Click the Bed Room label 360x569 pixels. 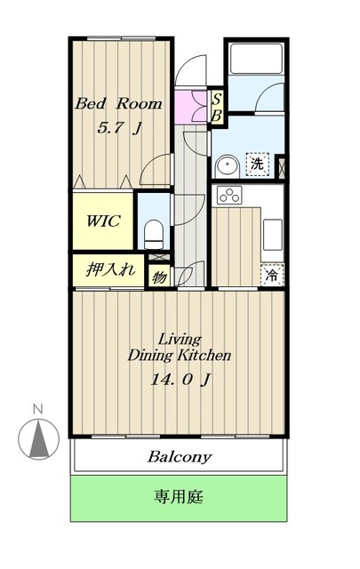click(x=119, y=104)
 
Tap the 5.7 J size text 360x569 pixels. click(x=119, y=127)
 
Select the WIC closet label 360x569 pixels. click(x=103, y=220)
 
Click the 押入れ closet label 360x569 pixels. click(x=110, y=269)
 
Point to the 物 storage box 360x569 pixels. click(x=159, y=276)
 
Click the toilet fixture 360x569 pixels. click(x=153, y=235)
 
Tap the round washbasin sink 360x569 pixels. click(x=228, y=166)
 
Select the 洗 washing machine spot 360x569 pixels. click(x=257, y=164)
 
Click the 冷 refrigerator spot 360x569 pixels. click(x=272, y=275)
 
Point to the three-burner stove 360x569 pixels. click(x=229, y=196)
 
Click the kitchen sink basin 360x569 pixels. click(x=272, y=235)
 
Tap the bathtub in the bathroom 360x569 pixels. click(x=256, y=58)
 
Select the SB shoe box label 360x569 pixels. click(x=217, y=108)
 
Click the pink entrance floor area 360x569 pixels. click(x=191, y=107)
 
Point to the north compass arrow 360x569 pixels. click(x=39, y=439)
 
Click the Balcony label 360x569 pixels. click(x=180, y=457)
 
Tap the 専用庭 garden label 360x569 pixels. click(x=179, y=496)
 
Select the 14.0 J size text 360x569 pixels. click(x=180, y=380)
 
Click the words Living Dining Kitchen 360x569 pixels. click(x=180, y=348)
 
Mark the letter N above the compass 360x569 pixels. click(x=37, y=410)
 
